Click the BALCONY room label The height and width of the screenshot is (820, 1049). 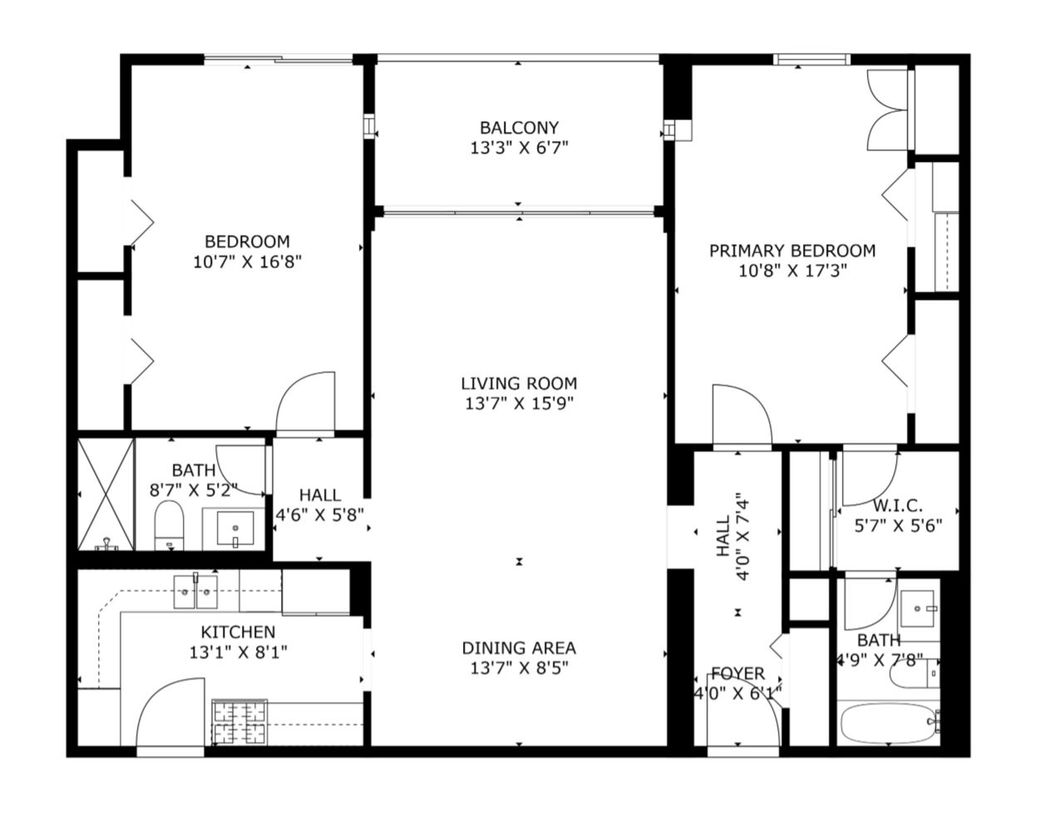point(519,127)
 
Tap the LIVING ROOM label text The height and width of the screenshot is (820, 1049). point(519,383)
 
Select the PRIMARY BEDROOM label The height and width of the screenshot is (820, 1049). point(792,250)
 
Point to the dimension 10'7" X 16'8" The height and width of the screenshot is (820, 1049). point(247,262)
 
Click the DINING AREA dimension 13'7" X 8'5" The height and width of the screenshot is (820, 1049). point(519,669)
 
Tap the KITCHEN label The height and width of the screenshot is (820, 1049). point(238,632)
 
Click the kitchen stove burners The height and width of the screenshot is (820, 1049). point(239,722)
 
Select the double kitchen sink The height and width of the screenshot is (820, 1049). point(195,591)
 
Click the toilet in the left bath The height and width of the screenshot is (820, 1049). point(169,526)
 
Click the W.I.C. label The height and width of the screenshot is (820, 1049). point(898,506)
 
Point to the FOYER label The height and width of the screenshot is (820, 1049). point(738,673)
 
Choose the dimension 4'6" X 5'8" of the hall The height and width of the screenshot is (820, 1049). point(319,515)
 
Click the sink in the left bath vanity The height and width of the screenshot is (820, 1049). point(235,528)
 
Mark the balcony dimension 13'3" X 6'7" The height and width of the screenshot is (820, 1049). point(519,148)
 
